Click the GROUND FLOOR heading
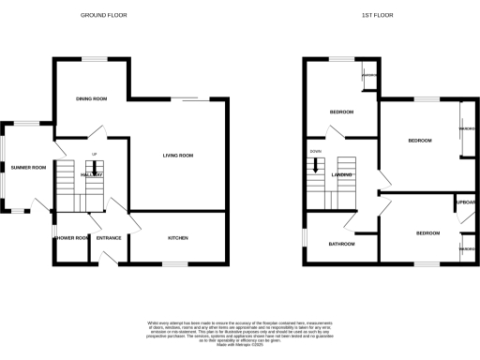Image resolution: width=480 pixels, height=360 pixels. click(x=104, y=16)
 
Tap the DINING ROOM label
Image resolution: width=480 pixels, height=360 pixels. click(x=92, y=98)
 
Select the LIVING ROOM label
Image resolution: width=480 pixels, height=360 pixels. click(x=177, y=156)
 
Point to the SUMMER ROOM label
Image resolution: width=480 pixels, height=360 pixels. click(x=28, y=168)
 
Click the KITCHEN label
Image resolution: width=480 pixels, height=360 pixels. click(x=178, y=238)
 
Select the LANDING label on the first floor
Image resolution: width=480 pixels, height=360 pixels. click(x=342, y=175)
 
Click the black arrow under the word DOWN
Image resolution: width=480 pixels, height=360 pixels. click(x=317, y=167)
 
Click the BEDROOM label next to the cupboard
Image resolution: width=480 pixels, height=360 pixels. click(x=427, y=232)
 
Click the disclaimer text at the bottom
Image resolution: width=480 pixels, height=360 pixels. click(x=240, y=330)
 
